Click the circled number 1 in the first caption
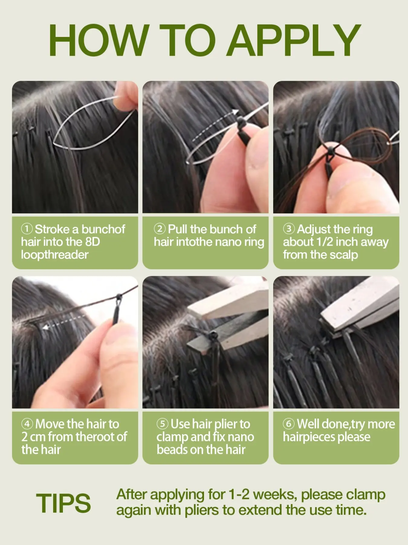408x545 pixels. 27,229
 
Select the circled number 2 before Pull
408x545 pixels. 160,229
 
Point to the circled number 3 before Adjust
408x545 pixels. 289,229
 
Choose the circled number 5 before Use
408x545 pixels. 162,424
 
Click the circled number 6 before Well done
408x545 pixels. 289,424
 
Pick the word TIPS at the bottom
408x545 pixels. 63,503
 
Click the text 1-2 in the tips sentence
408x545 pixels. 239,494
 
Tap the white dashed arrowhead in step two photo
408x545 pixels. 235,113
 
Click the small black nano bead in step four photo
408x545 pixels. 118,296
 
